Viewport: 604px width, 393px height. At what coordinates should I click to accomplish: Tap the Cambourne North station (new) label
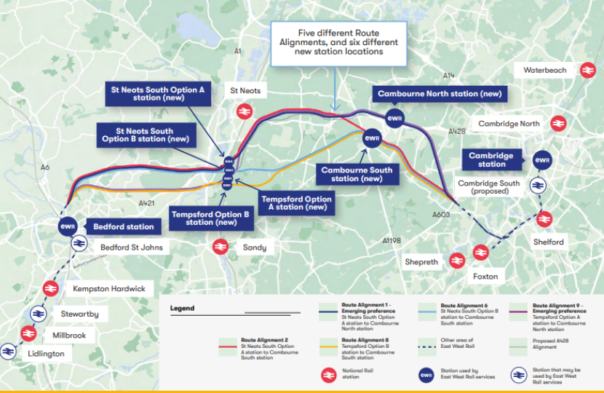pos(439,94)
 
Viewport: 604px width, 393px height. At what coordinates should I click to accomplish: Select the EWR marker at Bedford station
pos(68,226)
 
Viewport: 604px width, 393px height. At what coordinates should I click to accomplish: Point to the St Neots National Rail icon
pos(244,111)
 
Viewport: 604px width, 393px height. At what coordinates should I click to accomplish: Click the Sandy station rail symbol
pos(220,247)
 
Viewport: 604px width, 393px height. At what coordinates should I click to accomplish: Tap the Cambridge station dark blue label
pos(491,159)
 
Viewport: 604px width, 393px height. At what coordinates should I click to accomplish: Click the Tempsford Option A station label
pos(296,203)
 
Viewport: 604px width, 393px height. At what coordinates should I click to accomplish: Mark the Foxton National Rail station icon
pos(480,253)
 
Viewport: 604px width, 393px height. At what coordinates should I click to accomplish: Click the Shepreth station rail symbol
pos(457,260)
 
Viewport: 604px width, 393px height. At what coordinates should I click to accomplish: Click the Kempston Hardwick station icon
pos(50,288)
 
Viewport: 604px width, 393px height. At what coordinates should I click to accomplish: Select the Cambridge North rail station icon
pos(558,124)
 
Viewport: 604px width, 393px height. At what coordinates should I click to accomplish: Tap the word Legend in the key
pos(182,308)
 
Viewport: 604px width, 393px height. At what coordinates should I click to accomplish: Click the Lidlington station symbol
pos(9,352)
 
